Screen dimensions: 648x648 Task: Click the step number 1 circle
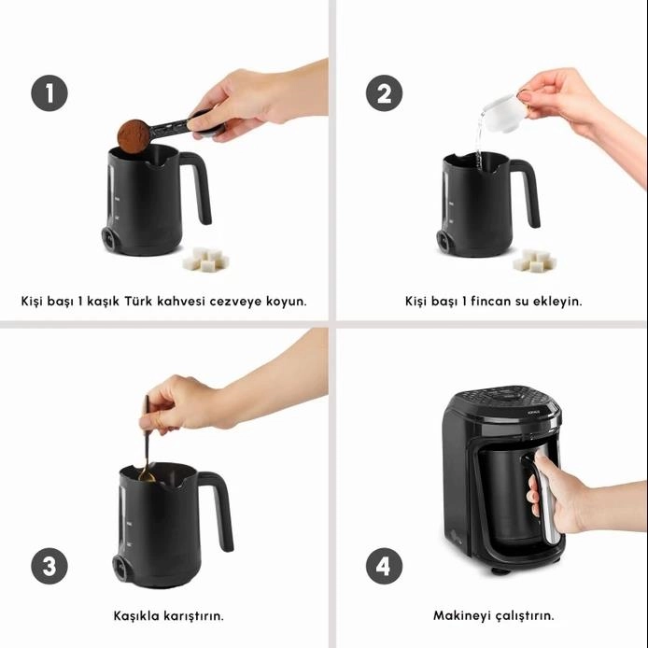[49, 93]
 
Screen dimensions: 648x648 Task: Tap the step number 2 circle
[385, 93]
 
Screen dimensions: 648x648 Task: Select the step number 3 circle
[49, 566]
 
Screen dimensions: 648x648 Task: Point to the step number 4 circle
[385, 566]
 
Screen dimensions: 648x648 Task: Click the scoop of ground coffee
[134, 135]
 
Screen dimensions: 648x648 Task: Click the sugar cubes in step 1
[205, 260]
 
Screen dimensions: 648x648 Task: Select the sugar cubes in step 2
[534, 261]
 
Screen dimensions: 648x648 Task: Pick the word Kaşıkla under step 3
[136, 615]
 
